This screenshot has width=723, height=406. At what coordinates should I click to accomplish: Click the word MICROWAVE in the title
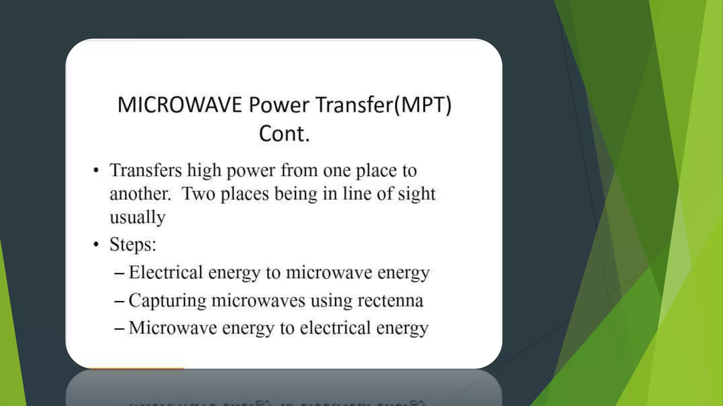click(x=179, y=105)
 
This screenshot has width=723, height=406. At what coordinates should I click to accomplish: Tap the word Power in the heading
click(x=279, y=105)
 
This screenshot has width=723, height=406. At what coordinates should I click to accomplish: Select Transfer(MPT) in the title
click(x=383, y=105)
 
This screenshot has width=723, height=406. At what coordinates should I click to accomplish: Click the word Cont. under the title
click(x=284, y=134)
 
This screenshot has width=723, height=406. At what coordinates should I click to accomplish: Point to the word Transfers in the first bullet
click(x=145, y=171)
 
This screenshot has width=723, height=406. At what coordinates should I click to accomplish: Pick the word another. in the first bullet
click(x=140, y=194)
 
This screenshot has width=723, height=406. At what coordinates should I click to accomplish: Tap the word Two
click(x=198, y=194)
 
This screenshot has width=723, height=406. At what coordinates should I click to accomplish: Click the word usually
click(x=137, y=217)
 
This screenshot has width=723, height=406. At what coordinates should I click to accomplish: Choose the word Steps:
click(x=133, y=245)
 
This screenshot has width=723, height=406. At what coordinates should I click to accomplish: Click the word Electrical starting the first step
click(x=166, y=272)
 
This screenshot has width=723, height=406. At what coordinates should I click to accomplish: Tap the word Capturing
click(x=167, y=301)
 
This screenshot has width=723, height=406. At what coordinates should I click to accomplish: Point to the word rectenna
click(x=390, y=301)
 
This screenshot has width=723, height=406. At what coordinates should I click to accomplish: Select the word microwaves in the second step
click(x=258, y=301)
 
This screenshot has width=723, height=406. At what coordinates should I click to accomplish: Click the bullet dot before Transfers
click(x=96, y=171)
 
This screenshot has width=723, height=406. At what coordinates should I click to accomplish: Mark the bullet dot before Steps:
click(x=96, y=244)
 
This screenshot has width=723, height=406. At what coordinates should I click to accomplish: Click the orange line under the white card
click(x=136, y=368)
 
